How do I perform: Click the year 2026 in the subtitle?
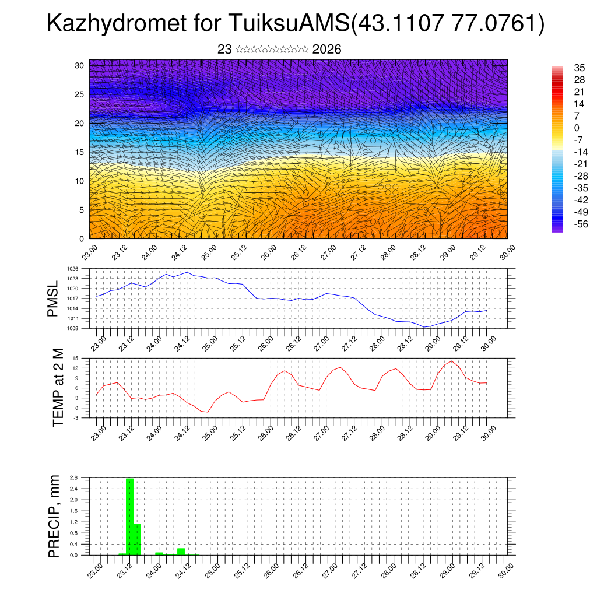(x=326, y=50)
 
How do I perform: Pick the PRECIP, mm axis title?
(x=54, y=516)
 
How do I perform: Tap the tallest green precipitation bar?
(x=129, y=517)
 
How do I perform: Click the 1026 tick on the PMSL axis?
(x=72, y=269)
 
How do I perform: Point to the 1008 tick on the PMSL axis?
(x=72, y=328)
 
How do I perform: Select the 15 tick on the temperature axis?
(x=76, y=358)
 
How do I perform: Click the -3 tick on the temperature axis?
(x=76, y=417)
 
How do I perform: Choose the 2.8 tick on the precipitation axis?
(x=74, y=477)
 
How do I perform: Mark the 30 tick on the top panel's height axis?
(x=79, y=65)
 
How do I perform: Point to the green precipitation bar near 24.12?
(x=181, y=552)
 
